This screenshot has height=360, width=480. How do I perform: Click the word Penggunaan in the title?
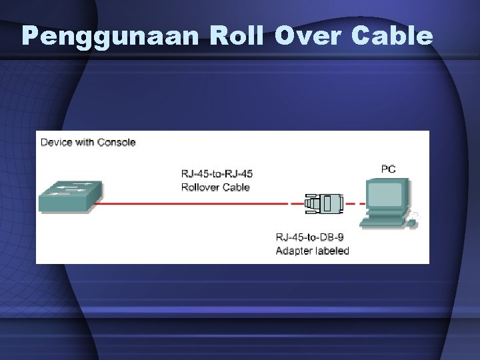(110, 37)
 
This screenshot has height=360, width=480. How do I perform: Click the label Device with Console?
(88, 142)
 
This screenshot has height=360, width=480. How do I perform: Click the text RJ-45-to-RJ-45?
(217, 174)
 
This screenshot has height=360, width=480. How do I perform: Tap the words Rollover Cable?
(215, 187)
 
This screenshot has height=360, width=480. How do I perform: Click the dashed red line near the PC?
(355, 203)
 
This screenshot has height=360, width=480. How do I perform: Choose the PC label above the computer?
(388, 169)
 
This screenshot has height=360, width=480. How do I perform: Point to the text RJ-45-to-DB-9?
(310, 238)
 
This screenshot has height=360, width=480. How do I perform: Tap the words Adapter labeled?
(313, 251)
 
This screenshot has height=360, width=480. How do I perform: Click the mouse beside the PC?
(414, 216)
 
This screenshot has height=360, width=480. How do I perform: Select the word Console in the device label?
(116, 142)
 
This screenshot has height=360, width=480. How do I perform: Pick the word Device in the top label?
(57, 142)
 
